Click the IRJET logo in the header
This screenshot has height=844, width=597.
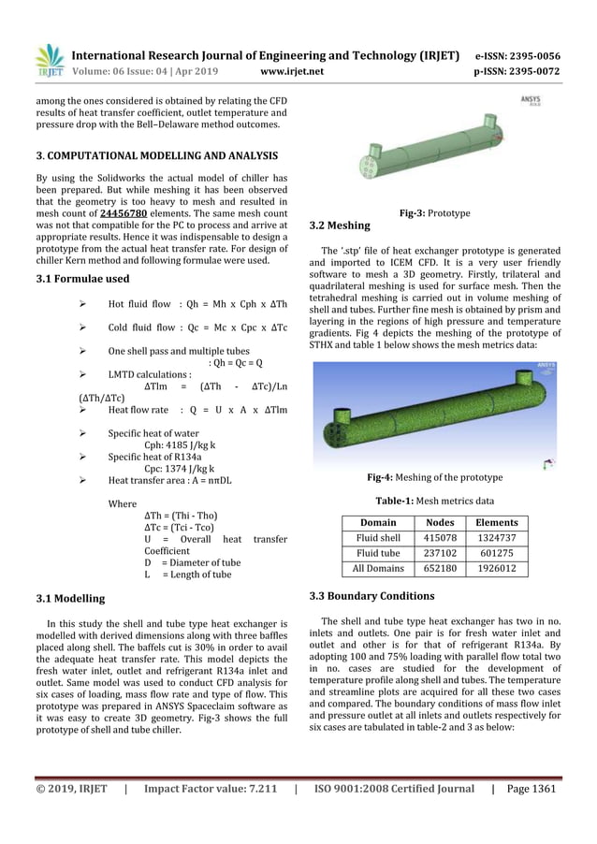pos(49,60)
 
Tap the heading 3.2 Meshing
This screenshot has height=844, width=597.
pos(339,226)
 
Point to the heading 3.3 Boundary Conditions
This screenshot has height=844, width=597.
pos(371,596)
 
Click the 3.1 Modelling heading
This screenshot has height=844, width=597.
pos(70,598)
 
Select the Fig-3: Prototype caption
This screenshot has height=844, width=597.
pos(434,213)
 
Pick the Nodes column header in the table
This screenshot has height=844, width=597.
pos(440,523)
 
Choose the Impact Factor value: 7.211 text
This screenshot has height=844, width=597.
pos(207,789)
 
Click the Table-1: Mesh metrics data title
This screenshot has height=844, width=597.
pos(434,501)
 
